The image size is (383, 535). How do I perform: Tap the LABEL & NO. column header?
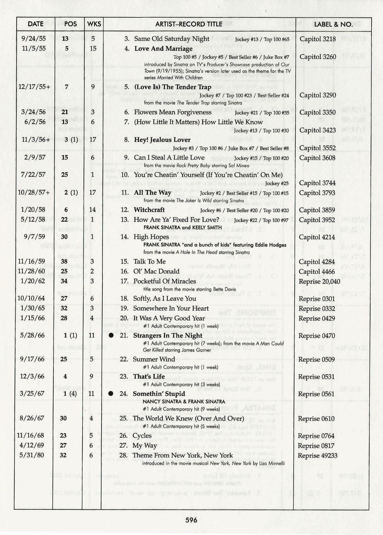tap(333, 24)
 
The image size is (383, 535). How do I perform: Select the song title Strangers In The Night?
tap(168, 335)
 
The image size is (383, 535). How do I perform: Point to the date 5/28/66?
tap(33, 335)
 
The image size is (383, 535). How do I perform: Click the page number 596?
tap(191, 519)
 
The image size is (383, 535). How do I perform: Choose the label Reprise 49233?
tap(317, 455)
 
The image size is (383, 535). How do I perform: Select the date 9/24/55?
tap(34, 38)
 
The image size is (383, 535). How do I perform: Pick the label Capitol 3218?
tap(318, 39)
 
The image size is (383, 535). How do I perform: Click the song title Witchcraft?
tap(149, 210)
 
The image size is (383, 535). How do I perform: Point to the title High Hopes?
tap(151, 237)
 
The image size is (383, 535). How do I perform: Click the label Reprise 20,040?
tap(319, 281)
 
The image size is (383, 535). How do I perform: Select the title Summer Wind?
tap(154, 359)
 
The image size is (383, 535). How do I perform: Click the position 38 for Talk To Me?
tap(64, 261)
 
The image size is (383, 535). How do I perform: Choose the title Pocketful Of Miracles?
tap(164, 281)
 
